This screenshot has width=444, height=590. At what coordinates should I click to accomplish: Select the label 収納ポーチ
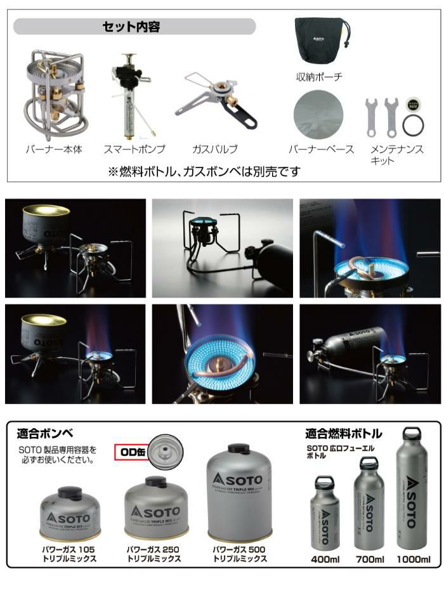point(319,77)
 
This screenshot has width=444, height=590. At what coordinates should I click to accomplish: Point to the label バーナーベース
point(322,150)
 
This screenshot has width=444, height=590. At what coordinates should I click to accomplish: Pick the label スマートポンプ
point(134,150)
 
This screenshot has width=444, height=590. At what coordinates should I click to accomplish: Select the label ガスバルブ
point(216,150)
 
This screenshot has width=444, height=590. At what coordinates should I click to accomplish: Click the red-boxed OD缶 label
point(130,452)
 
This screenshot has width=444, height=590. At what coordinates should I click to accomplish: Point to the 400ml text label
point(325,559)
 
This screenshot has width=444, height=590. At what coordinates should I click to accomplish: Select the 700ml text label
point(369,559)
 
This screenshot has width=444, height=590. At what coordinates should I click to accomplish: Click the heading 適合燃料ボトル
point(343,435)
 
